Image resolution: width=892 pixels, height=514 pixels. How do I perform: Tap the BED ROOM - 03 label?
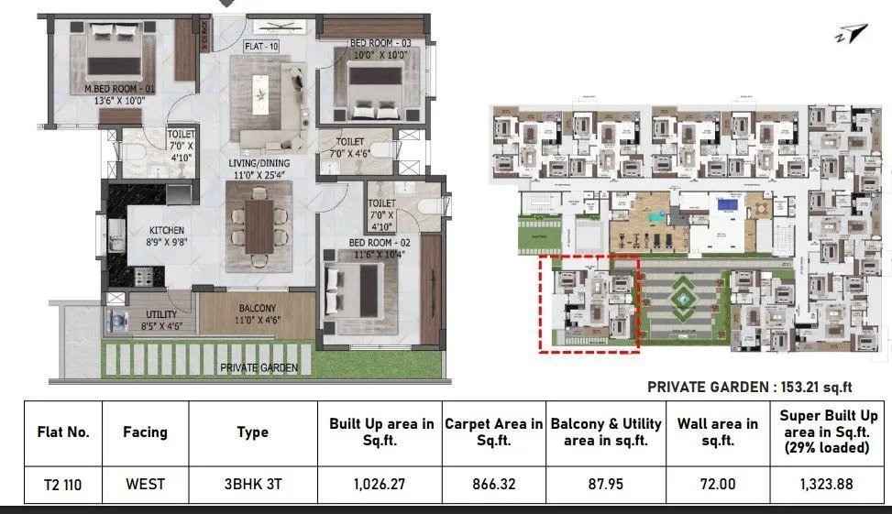point(380,43)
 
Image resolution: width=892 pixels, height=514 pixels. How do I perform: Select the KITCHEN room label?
point(167,230)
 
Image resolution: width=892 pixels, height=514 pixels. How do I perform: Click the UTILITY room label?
point(161,313)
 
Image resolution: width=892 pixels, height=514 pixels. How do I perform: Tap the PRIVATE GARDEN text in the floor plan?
point(259,367)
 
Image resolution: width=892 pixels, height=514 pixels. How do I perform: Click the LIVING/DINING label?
point(259,163)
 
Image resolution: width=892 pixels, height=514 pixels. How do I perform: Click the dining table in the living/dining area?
point(259,224)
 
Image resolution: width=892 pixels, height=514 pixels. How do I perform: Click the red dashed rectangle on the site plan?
point(588,303)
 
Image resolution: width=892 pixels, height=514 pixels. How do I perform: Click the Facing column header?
point(145,432)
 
